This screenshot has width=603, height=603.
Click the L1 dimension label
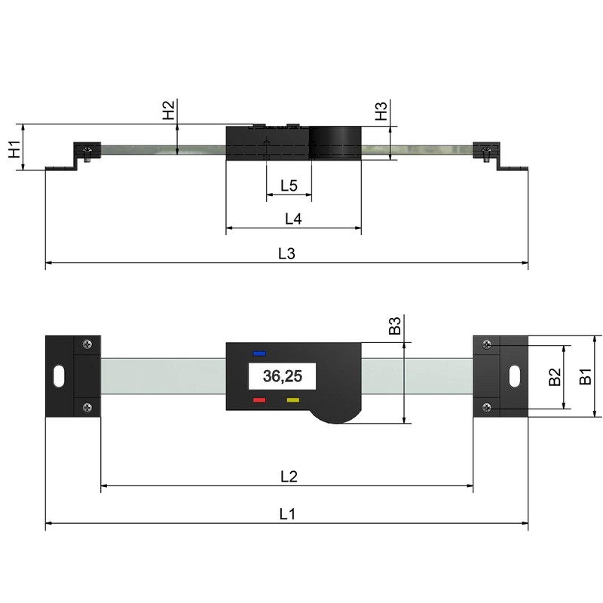coord(286,514)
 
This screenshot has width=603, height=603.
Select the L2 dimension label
coord(289,476)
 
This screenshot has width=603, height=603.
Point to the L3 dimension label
coord(286,254)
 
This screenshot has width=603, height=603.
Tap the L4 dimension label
coord(293,219)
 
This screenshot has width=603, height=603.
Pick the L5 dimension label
coord(289,185)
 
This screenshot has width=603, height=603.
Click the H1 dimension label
coord(14,148)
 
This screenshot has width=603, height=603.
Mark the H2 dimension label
coord(169,110)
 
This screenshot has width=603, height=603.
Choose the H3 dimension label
coord(382,112)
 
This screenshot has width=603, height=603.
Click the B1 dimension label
coord(585,376)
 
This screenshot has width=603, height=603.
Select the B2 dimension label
coord(554,378)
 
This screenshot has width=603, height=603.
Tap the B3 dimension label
coord(393,326)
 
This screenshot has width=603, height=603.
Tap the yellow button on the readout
coord(292,400)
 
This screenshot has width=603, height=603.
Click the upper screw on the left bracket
coord(89,344)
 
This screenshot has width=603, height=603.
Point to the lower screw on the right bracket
coord(485,408)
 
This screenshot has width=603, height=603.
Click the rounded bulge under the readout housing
coord(338,412)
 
